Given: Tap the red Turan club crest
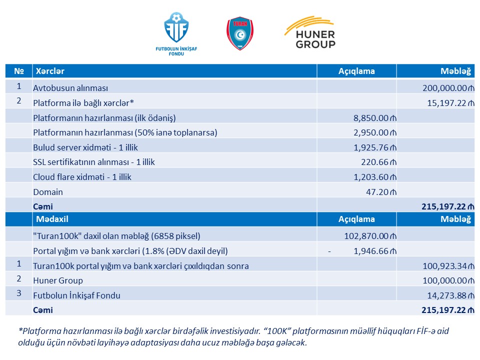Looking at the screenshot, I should tap(240, 33).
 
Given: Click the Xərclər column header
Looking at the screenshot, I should tap(48, 71).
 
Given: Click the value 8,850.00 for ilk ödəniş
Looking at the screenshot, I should tap(373, 118).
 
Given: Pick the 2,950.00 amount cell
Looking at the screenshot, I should tap(373, 132).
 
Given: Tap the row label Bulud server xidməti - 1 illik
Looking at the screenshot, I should tap(85, 147).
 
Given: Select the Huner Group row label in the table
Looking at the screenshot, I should tap(58, 280).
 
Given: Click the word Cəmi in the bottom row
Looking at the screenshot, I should tap(43, 310).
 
